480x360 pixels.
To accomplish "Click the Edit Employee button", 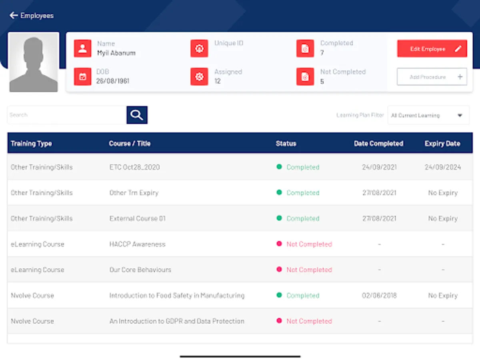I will (x=432, y=49).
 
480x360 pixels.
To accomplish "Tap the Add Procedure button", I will (x=432, y=77).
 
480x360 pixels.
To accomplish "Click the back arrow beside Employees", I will (x=14, y=16).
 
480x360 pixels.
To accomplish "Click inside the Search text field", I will (x=66, y=115).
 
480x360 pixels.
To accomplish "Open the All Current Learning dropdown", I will (x=428, y=116).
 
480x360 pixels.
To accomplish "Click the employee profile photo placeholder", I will (x=34, y=62).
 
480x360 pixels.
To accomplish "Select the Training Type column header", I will (x=31, y=144).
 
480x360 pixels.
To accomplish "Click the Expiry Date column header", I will (x=442, y=144).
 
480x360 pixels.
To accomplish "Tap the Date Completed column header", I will (x=378, y=144).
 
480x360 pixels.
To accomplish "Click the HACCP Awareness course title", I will (x=137, y=244).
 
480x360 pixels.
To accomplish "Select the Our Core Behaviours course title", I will (x=140, y=270).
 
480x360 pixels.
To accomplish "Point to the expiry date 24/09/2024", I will (x=442, y=167).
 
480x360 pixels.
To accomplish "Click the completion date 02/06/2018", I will (x=379, y=296).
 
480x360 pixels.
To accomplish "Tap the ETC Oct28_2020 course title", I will (x=134, y=167).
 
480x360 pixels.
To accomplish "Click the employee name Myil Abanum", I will (x=116, y=53).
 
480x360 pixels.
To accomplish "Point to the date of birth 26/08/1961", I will (x=112, y=81).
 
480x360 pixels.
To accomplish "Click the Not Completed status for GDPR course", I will (x=309, y=321).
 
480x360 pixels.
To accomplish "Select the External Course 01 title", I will (x=137, y=218).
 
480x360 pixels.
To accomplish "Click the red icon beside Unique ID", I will (x=199, y=48).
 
